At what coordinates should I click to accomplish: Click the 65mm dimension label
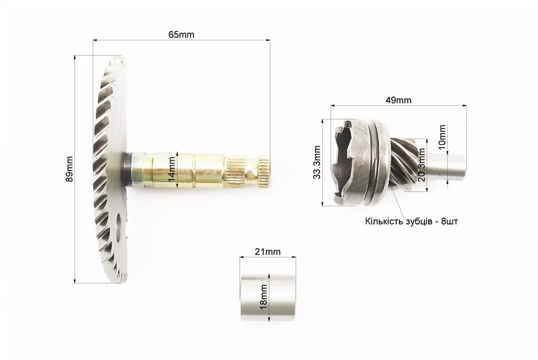(x=181, y=35)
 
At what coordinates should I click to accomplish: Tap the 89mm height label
(x=70, y=169)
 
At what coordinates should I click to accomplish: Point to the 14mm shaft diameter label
(x=172, y=169)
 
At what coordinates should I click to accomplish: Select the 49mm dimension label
(x=398, y=100)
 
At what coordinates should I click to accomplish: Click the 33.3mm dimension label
(x=317, y=162)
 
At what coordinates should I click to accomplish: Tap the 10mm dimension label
(x=442, y=137)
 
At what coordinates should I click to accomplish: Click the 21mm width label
(x=268, y=252)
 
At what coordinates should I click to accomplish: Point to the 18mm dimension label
(x=264, y=297)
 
